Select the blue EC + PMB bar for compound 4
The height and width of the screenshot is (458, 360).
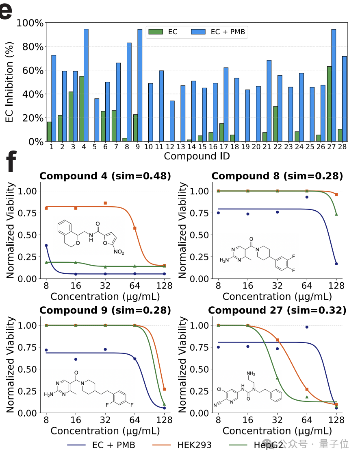pos(86,85)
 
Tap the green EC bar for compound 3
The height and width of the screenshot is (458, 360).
pos(71,116)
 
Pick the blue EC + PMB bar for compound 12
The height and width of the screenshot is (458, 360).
pos(172,121)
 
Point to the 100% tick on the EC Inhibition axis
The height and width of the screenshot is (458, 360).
pos(30,23)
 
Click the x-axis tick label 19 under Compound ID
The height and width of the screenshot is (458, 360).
pos(245,146)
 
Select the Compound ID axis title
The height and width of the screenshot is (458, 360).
pos(197,156)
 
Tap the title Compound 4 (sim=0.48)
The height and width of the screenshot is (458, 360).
pos(105,176)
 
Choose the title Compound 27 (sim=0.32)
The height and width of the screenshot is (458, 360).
pos(277,310)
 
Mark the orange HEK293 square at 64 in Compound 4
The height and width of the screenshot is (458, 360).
pos(135,228)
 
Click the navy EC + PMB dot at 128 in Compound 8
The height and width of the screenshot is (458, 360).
pos(336,264)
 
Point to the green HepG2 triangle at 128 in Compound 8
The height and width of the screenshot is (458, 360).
pos(336,214)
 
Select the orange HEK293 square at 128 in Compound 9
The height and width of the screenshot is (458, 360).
pos(164,389)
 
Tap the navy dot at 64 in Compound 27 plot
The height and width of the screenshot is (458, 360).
pos(307,327)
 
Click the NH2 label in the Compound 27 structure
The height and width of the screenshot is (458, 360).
pos(251,373)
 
